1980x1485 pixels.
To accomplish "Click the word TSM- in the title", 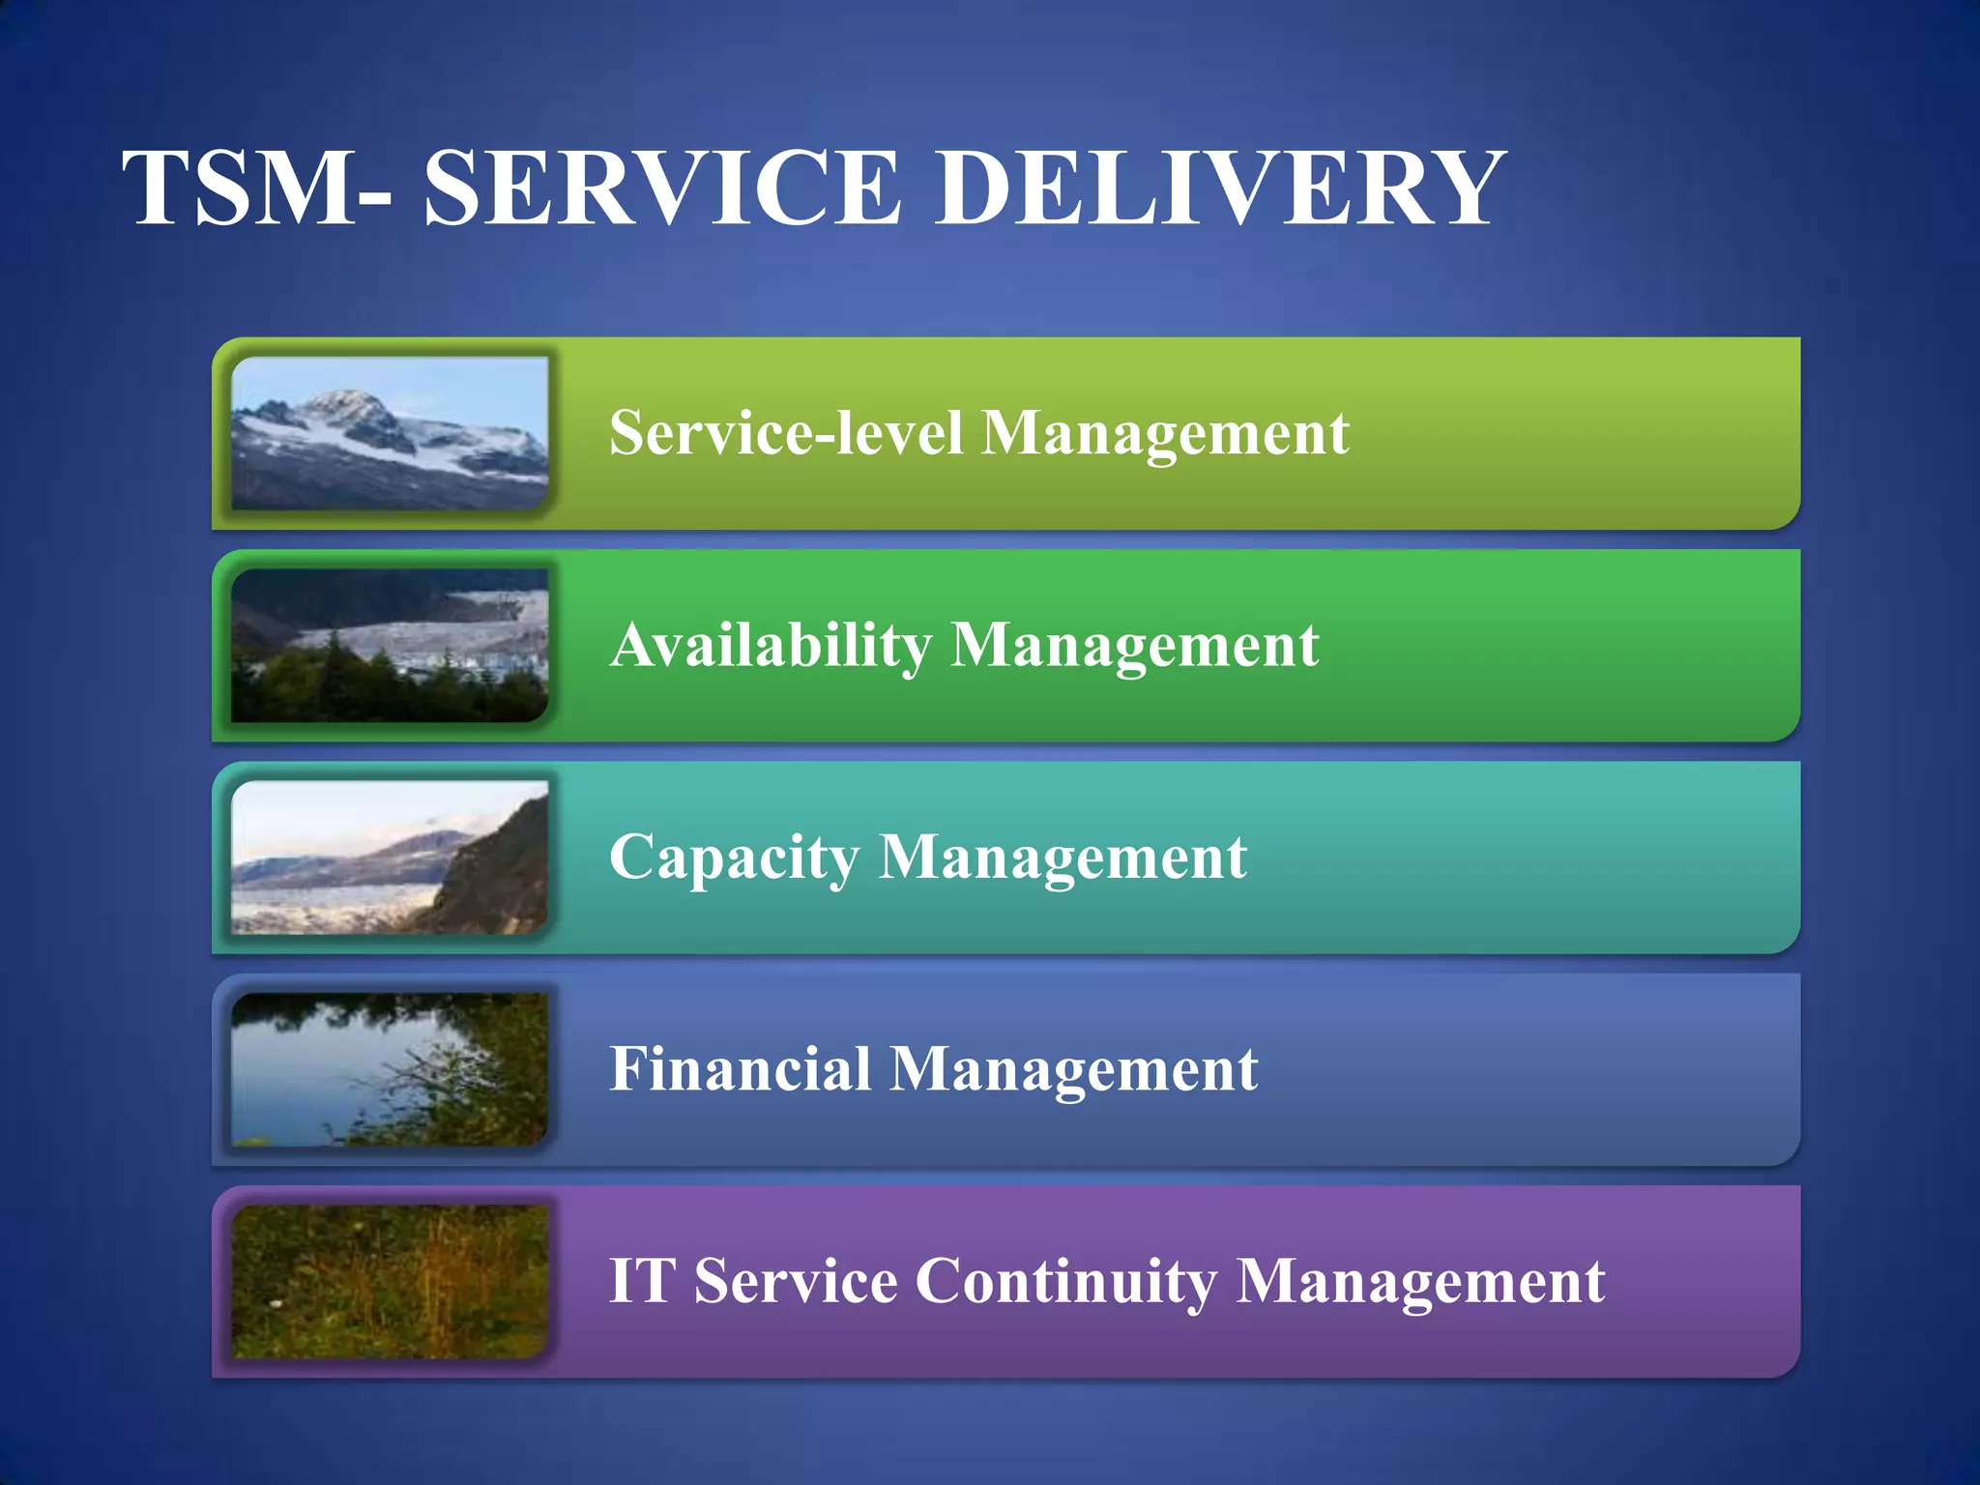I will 258,189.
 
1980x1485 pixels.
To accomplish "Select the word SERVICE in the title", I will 661,189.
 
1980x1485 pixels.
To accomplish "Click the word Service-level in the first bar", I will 786,432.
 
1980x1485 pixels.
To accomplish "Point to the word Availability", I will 771,645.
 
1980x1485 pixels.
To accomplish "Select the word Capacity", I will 734,858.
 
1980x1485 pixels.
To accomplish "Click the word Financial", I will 740,1069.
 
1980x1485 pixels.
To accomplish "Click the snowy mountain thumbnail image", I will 390,433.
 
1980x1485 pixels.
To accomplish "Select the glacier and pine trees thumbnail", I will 390,645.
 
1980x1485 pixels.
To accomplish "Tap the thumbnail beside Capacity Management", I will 390,858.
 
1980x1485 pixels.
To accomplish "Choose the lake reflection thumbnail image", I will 390,1069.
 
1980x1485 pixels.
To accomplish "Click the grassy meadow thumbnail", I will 390,1282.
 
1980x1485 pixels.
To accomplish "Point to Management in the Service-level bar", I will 1165,433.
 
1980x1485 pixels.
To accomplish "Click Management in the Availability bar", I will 1135,646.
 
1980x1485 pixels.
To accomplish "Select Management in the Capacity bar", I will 1063,859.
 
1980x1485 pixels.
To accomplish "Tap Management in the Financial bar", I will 1073,1070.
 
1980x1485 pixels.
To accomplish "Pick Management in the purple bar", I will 1420,1283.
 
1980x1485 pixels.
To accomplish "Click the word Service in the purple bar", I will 796,1282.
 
